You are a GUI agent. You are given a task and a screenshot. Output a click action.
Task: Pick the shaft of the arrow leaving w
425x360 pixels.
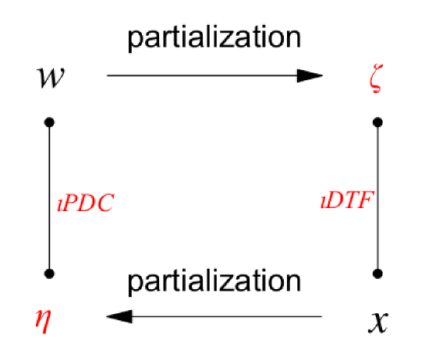203,76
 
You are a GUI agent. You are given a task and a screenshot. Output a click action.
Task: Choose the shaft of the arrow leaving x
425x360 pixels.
226,316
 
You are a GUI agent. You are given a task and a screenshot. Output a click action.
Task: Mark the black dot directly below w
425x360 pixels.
50,122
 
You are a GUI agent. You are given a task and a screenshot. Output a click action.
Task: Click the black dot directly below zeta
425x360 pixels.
378,122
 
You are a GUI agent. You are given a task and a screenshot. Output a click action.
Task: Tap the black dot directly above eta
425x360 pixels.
50,273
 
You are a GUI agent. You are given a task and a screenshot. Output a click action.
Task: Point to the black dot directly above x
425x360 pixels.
378,273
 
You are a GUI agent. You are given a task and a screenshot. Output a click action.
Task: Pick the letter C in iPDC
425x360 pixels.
105,203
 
